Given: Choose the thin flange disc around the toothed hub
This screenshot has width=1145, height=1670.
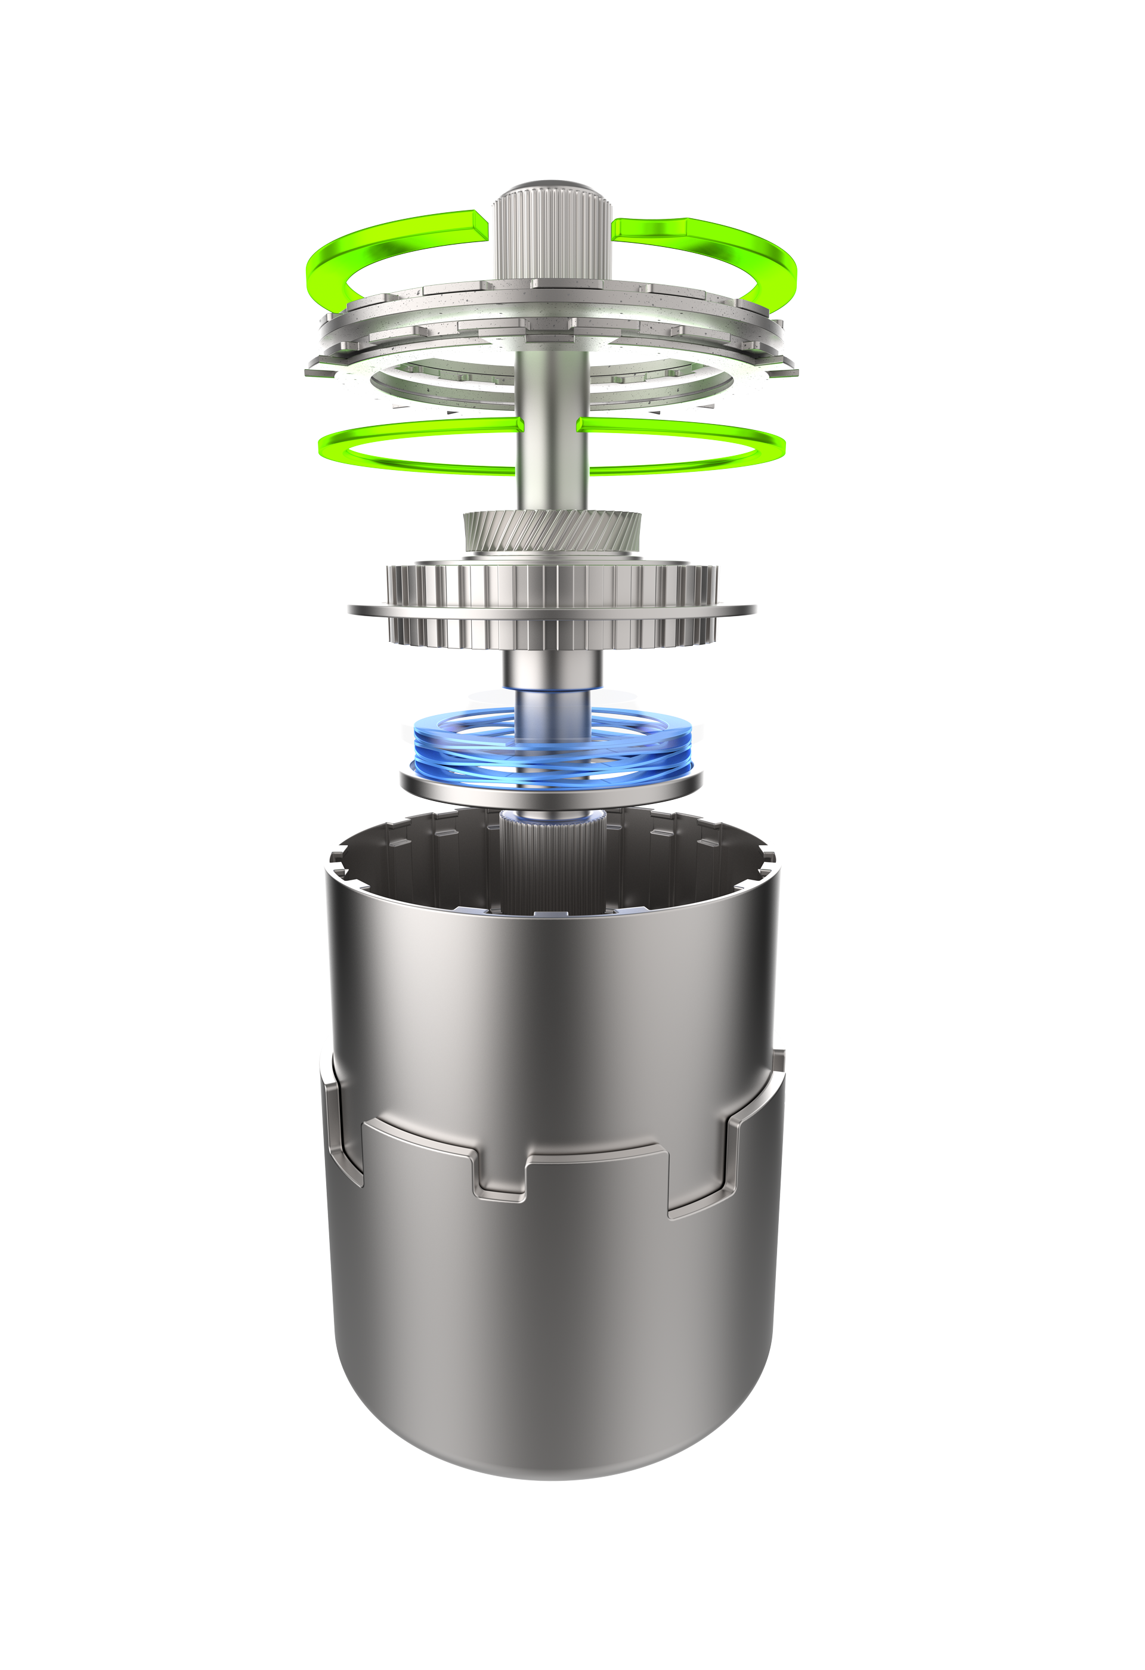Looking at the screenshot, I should pyautogui.click(x=366, y=608).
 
